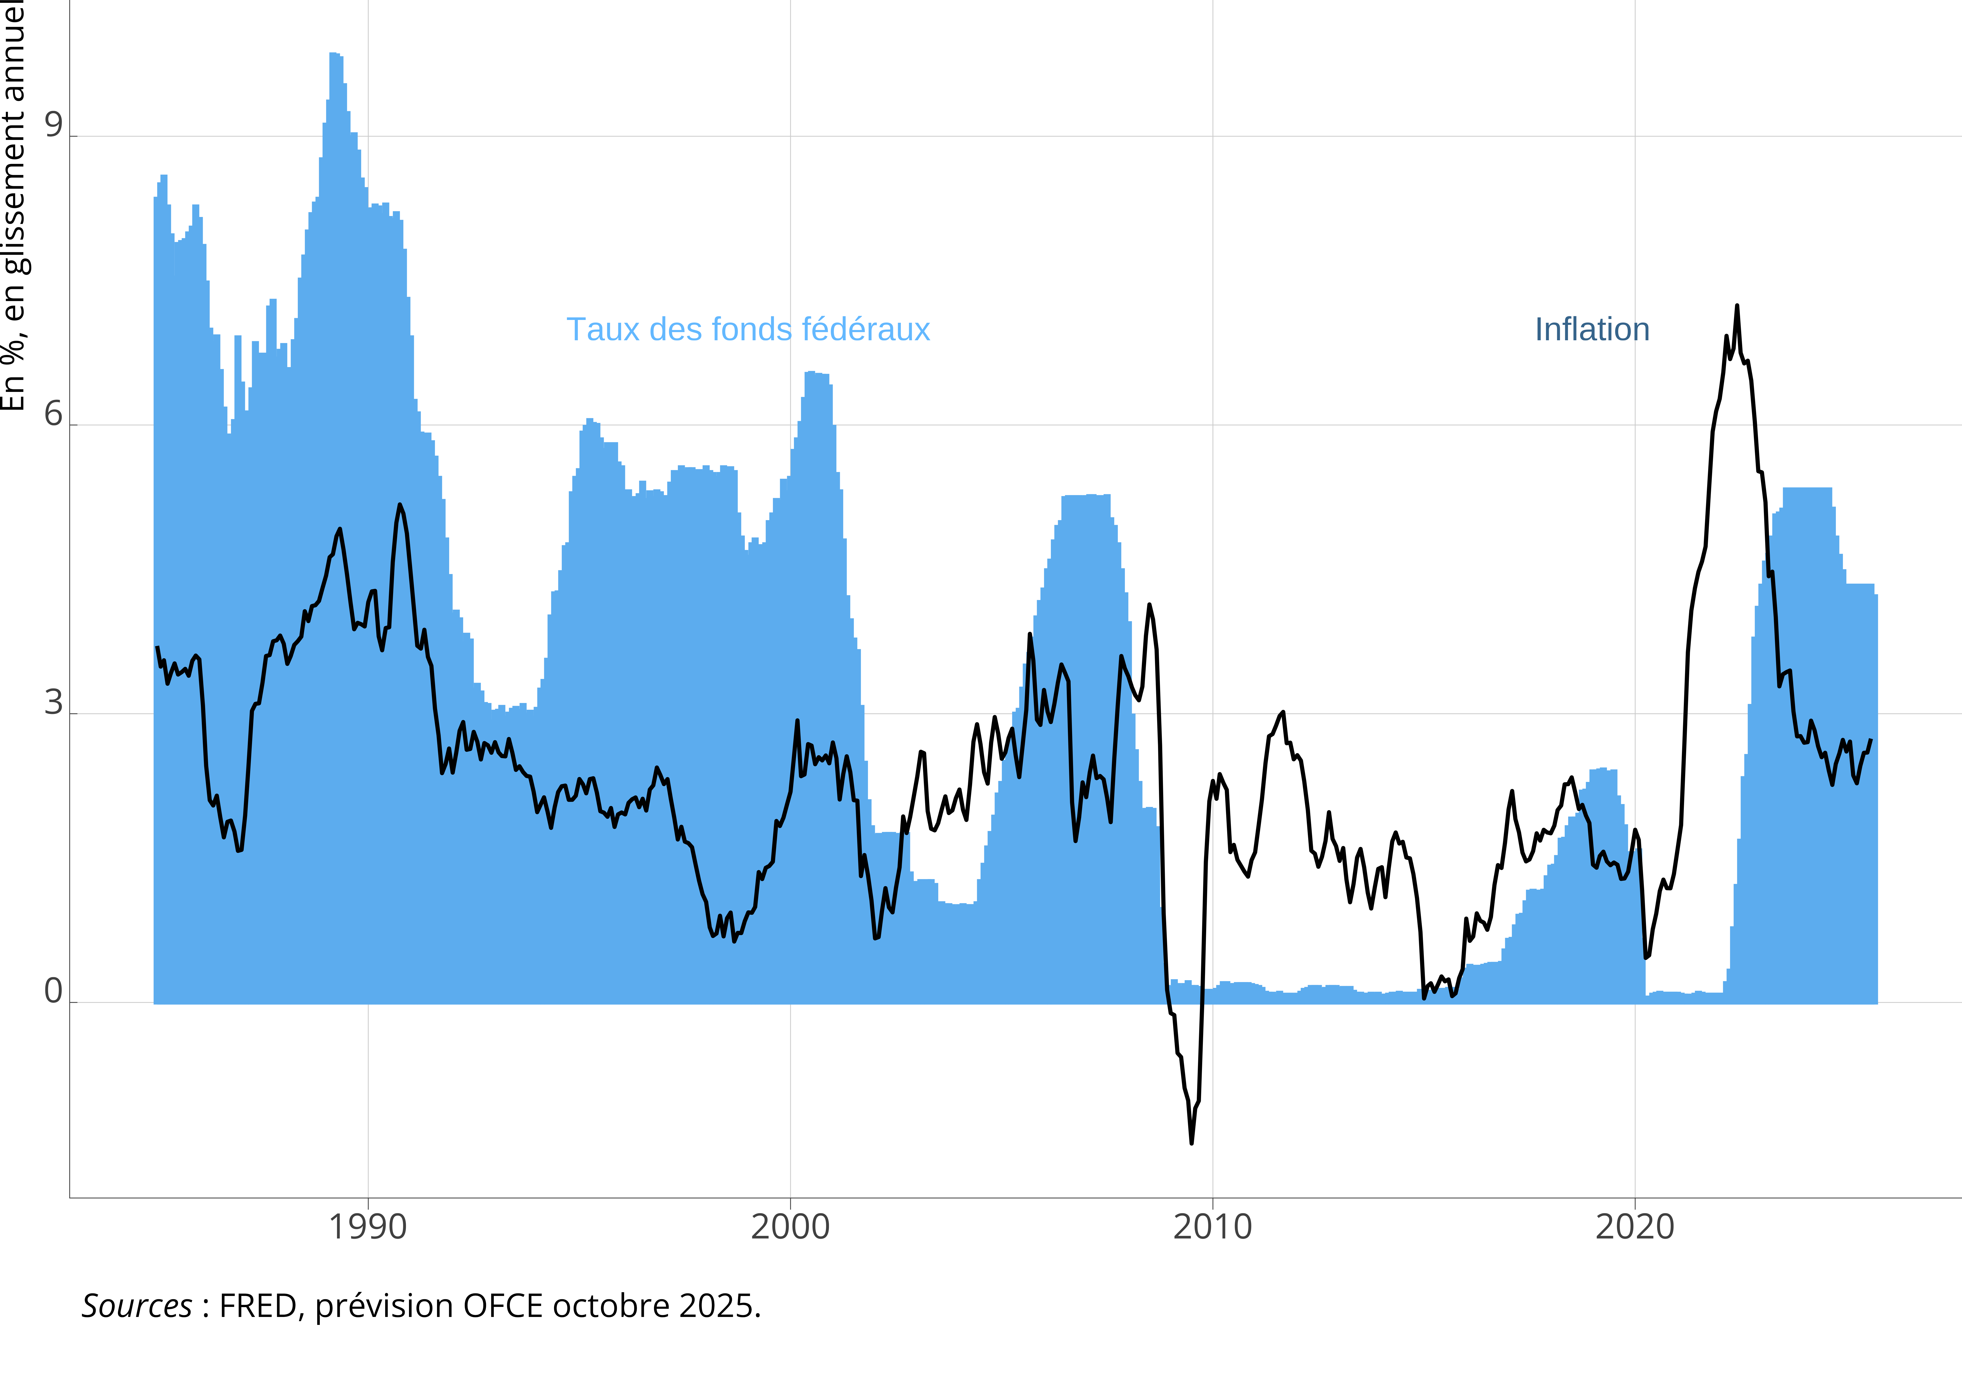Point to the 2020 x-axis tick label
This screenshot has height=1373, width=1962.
[1635, 1227]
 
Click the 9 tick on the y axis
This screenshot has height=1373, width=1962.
[53, 126]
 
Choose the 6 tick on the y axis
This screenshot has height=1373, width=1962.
[53, 414]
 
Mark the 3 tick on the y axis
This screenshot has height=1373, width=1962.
[53, 703]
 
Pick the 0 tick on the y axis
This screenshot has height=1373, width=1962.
[53, 992]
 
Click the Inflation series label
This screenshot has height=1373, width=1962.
[1591, 330]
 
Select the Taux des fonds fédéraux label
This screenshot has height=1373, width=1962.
[748, 330]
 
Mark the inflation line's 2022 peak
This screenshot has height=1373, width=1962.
[1736, 306]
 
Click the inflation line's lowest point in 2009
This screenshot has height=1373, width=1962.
[1191, 1142]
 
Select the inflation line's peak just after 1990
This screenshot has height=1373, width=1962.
[399, 505]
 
